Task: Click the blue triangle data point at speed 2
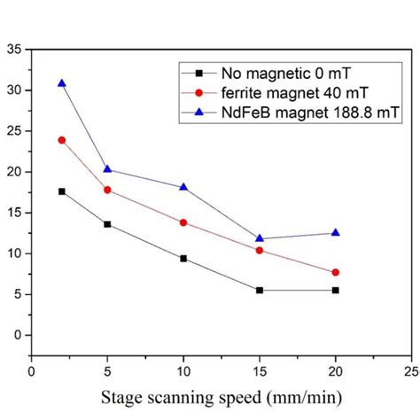[x=61, y=83]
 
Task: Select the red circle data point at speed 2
[x=61, y=140]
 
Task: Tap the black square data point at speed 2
[x=61, y=191]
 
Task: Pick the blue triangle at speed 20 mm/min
[x=335, y=232]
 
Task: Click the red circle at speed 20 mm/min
[x=335, y=272]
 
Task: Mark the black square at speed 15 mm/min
[x=259, y=290]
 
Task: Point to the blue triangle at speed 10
[x=183, y=187]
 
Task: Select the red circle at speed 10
[x=183, y=222]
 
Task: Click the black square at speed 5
[x=107, y=224]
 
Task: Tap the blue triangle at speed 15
[x=259, y=237]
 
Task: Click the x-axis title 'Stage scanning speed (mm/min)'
[x=221, y=397]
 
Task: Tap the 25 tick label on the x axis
[x=410, y=372]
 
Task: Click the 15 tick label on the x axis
[x=259, y=372]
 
